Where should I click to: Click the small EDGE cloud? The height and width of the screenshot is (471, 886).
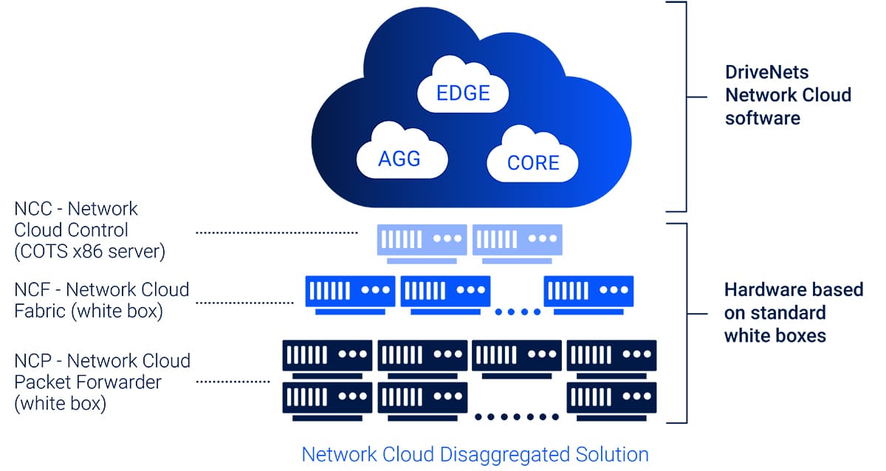coord(463,92)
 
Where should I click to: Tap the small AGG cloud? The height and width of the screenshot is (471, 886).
coord(400,157)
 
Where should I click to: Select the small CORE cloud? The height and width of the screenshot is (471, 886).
coord(532,162)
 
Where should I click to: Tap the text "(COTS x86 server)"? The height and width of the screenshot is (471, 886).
coord(89,251)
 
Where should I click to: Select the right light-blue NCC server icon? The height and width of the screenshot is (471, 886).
coord(517,241)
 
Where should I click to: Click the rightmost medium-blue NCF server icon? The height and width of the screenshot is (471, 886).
coord(588,292)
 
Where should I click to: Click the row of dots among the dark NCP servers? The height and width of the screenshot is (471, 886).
coord(517,417)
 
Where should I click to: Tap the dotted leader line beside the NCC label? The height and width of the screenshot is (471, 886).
coord(277,232)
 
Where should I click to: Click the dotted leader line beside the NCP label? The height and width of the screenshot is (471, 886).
coord(233,382)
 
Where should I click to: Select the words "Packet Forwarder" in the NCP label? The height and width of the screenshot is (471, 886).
coord(88,382)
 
